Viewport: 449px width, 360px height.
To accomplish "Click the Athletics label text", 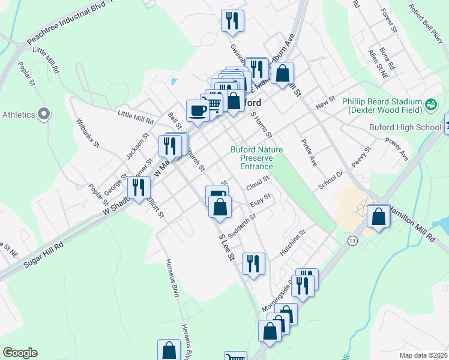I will coord(19,114).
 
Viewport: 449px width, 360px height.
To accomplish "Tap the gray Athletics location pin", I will coord(44,113).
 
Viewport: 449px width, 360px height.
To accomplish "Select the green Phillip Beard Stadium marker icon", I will coord(430,106).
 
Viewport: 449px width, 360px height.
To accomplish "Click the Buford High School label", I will coord(411,127).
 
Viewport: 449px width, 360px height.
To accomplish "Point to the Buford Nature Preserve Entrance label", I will coord(252,158).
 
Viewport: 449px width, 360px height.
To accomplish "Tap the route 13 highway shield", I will coord(352,240).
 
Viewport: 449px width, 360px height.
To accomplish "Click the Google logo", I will coord(20,353).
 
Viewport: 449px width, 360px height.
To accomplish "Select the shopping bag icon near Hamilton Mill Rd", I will coord(378,217).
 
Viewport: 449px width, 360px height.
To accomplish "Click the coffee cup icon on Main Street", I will coord(198,110).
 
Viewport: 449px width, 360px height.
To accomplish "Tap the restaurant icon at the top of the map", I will coord(232,20).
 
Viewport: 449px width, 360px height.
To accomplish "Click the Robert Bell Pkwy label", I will coord(426,24).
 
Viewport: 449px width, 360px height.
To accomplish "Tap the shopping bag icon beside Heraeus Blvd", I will coord(169,350).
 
